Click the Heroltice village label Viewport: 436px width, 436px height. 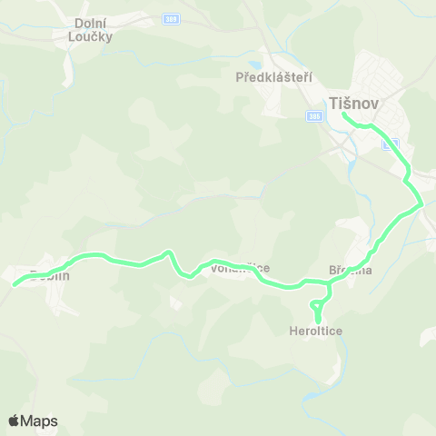[x=317, y=332]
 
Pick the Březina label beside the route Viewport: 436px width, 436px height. [x=350, y=270]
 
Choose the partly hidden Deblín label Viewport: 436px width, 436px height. [x=49, y=274]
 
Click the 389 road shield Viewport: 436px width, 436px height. [x=170, y=18]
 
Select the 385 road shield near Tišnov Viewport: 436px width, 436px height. [x=314, y=115]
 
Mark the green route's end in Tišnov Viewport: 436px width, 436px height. [x=343, y=114]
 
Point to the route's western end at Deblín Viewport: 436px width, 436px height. [x=15, y=284]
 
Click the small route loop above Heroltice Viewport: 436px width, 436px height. [x=318, y=303]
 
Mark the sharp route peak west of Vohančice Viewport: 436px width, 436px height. [x=166, y=253]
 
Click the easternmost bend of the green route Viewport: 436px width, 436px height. [x=421, y=206]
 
